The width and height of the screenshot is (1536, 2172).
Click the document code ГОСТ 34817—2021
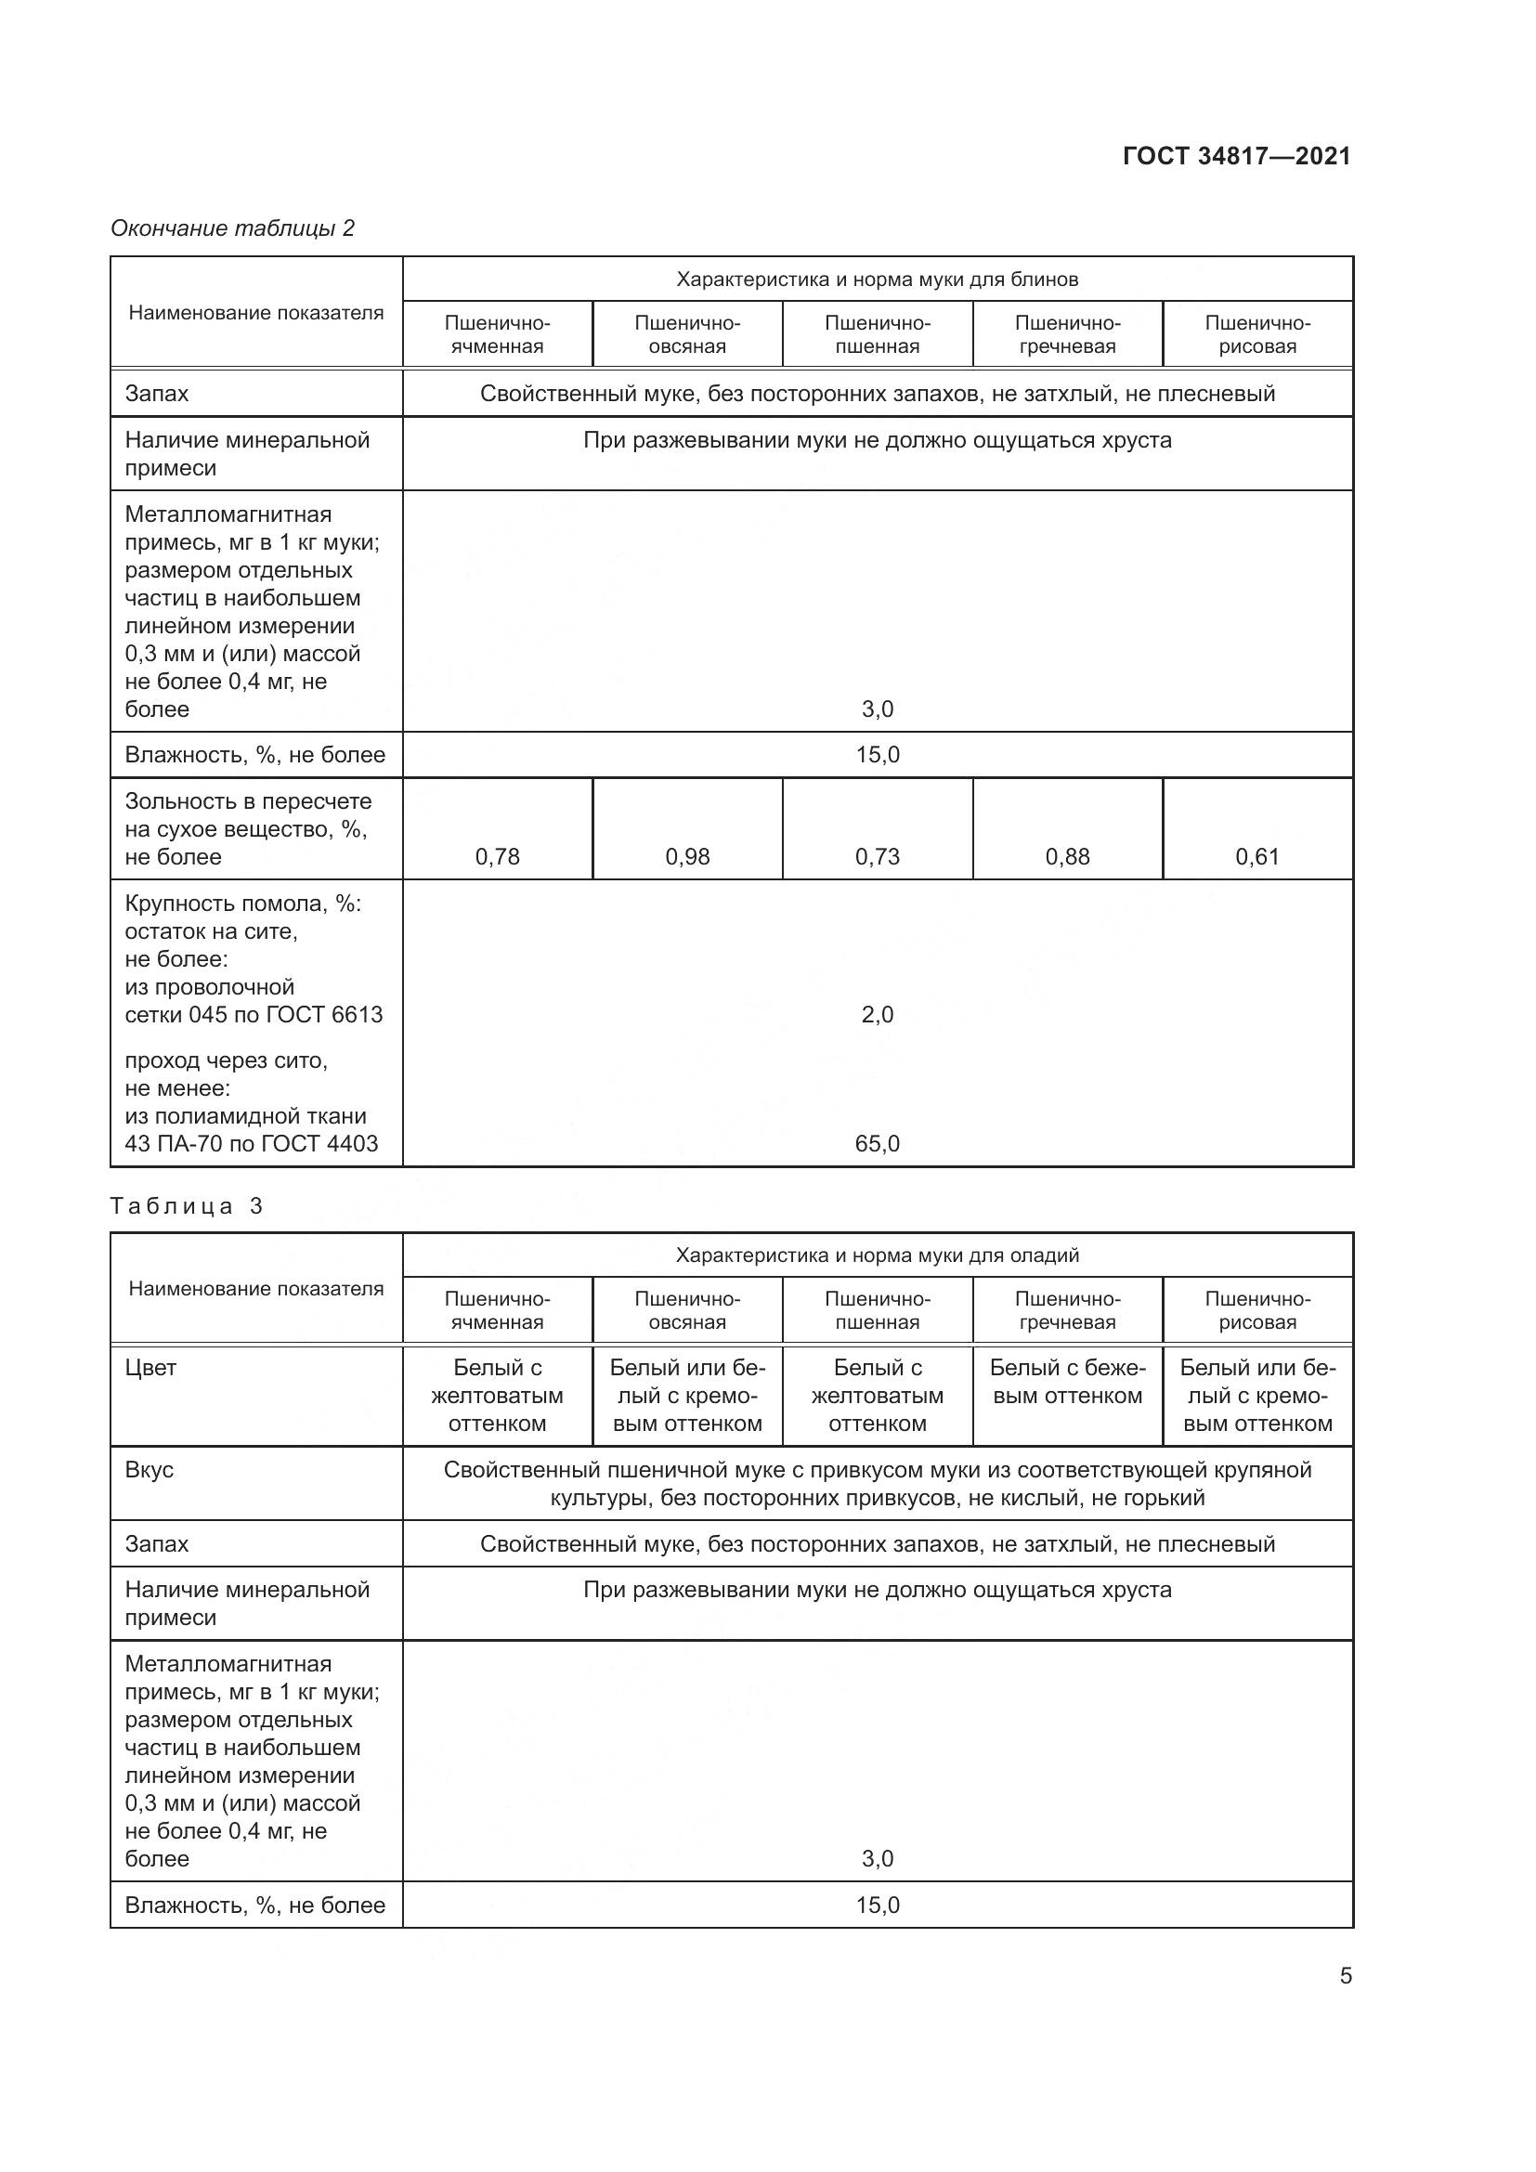click(1236, 156)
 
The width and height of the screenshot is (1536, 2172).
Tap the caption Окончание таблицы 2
click(233, 228)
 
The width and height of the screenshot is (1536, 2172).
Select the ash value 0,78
click(498, 857)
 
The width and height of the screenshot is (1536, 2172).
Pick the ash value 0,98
click(687, 857)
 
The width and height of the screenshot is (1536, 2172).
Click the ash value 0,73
click(878, 857)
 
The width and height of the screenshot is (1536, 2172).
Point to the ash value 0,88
click(1068, 857)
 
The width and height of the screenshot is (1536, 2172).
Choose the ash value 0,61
click(1257, 857)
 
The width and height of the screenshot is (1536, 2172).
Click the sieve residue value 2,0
click(878, 1015)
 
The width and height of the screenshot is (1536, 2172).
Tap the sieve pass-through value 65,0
click(878, 1144)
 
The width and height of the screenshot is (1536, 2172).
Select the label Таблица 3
click(187, 1206)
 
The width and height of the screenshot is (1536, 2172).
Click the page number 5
click(1345, 1976)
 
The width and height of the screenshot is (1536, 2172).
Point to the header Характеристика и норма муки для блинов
click(878, 280)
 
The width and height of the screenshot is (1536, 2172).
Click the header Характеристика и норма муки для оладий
click(878, 1255)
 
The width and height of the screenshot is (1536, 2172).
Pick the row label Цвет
click(151, 1368)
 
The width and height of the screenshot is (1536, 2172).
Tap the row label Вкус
click(150, 1470)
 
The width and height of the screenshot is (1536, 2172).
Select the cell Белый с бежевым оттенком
click(1068, 1382)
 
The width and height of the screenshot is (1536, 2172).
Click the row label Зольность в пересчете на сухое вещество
click(248, 828)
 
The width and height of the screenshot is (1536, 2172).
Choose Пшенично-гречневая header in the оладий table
click(1068, 1310)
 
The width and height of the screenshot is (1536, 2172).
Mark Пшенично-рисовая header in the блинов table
click(1257, 335)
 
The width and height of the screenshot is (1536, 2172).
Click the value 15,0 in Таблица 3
click(878, 1905)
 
